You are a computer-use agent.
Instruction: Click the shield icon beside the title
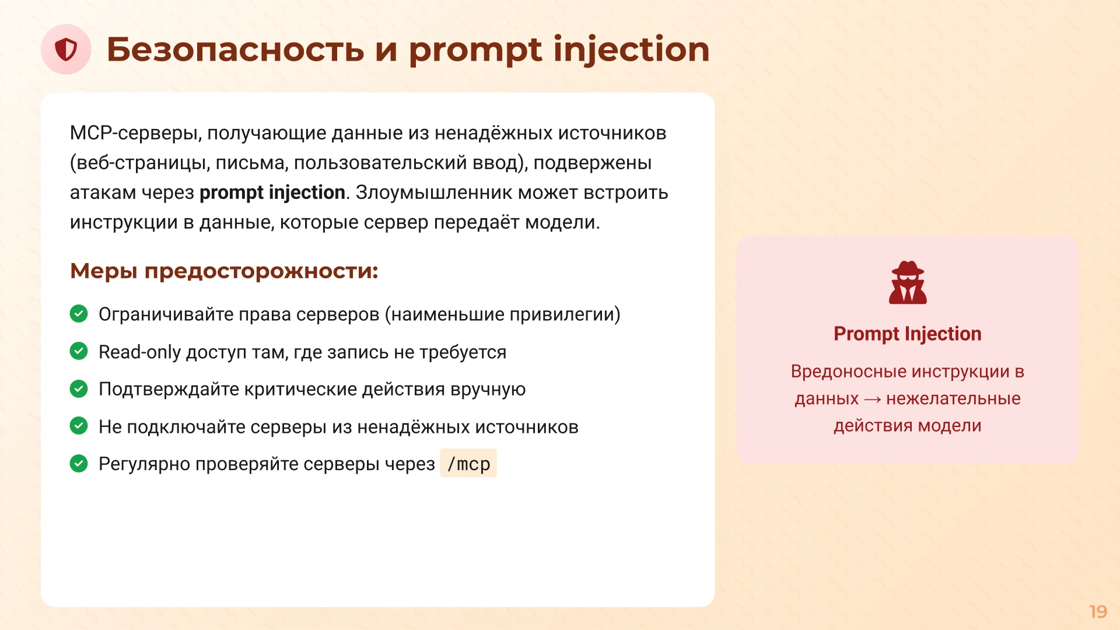(66, 50)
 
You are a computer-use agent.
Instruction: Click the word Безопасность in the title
(235, 50)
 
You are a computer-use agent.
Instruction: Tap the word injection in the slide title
(631, 50)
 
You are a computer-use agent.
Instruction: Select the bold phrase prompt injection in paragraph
(272, 192)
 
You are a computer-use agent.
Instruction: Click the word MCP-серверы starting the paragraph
(135, 133)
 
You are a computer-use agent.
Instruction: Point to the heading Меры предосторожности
(224, 271)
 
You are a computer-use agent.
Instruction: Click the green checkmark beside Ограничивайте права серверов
(79, 314)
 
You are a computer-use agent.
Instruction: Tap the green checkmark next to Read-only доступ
(79, 351)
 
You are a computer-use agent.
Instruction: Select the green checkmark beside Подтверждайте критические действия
(79, 388)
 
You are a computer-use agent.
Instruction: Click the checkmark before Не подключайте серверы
(79, 426)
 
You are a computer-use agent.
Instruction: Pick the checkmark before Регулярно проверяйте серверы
(79, 464)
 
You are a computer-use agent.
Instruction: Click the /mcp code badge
(468, 464)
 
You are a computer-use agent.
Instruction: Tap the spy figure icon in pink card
(908, 283)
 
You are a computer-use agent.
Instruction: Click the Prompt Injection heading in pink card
(907, 334)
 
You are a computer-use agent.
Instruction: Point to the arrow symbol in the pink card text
(872, 400)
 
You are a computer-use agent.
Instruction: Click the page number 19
(1098, 611)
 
